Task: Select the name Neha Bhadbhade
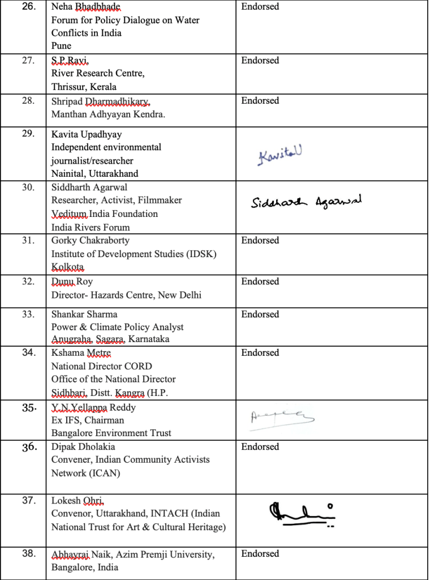[x=86, y=7]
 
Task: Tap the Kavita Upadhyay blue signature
[x=280, y=155]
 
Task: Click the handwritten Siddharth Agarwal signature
[x=306, y=202]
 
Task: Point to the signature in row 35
[x=281, y=419]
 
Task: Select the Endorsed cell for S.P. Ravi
[x=260, y=61]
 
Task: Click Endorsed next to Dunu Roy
[x=260, y=282]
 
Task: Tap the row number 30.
[x=28, y=187]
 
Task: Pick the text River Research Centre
[x=98, y=74]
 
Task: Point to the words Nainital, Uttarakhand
[x=94, y=174]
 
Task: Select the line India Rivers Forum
[x=91, y=228]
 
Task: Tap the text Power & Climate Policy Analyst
[x=117, y=327]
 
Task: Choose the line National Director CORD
[x=102, y=366]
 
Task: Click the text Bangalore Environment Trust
[x=111, y=433]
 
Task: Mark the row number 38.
[x=28, y=554]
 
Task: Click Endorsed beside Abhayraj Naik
[x=260, y=554]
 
